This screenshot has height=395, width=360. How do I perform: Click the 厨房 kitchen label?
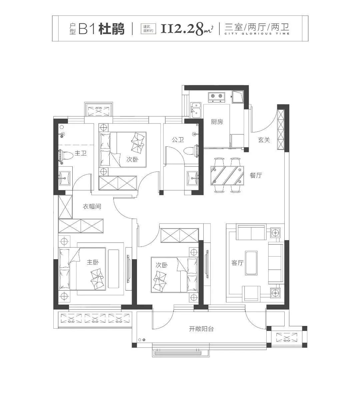click(217, 122)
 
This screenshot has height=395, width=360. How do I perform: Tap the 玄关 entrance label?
click(264, 140)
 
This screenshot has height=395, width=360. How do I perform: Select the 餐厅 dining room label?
click(256, 175)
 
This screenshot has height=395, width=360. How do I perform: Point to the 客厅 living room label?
click(237, 263)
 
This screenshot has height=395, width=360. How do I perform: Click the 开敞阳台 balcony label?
click(201, 329)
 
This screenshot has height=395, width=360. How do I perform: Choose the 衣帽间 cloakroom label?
click(92, 207)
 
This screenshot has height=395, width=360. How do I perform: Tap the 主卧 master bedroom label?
click(93, 262)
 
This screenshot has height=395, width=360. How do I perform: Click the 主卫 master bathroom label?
click(80, 153)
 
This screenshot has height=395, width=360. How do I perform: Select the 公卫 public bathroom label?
click(178, 139)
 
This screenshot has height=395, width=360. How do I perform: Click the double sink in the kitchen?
click(196, 110)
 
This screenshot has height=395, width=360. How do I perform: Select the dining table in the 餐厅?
click(227, 175)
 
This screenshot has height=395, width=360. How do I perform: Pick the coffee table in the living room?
click(251, 263)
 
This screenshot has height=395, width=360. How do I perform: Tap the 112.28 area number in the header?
click(182, 29)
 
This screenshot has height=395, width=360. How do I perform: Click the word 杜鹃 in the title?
click(112, 29)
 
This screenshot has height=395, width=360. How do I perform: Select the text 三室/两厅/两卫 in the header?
click(257, 27)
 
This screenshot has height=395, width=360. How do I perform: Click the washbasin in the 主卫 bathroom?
click(64, 178)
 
